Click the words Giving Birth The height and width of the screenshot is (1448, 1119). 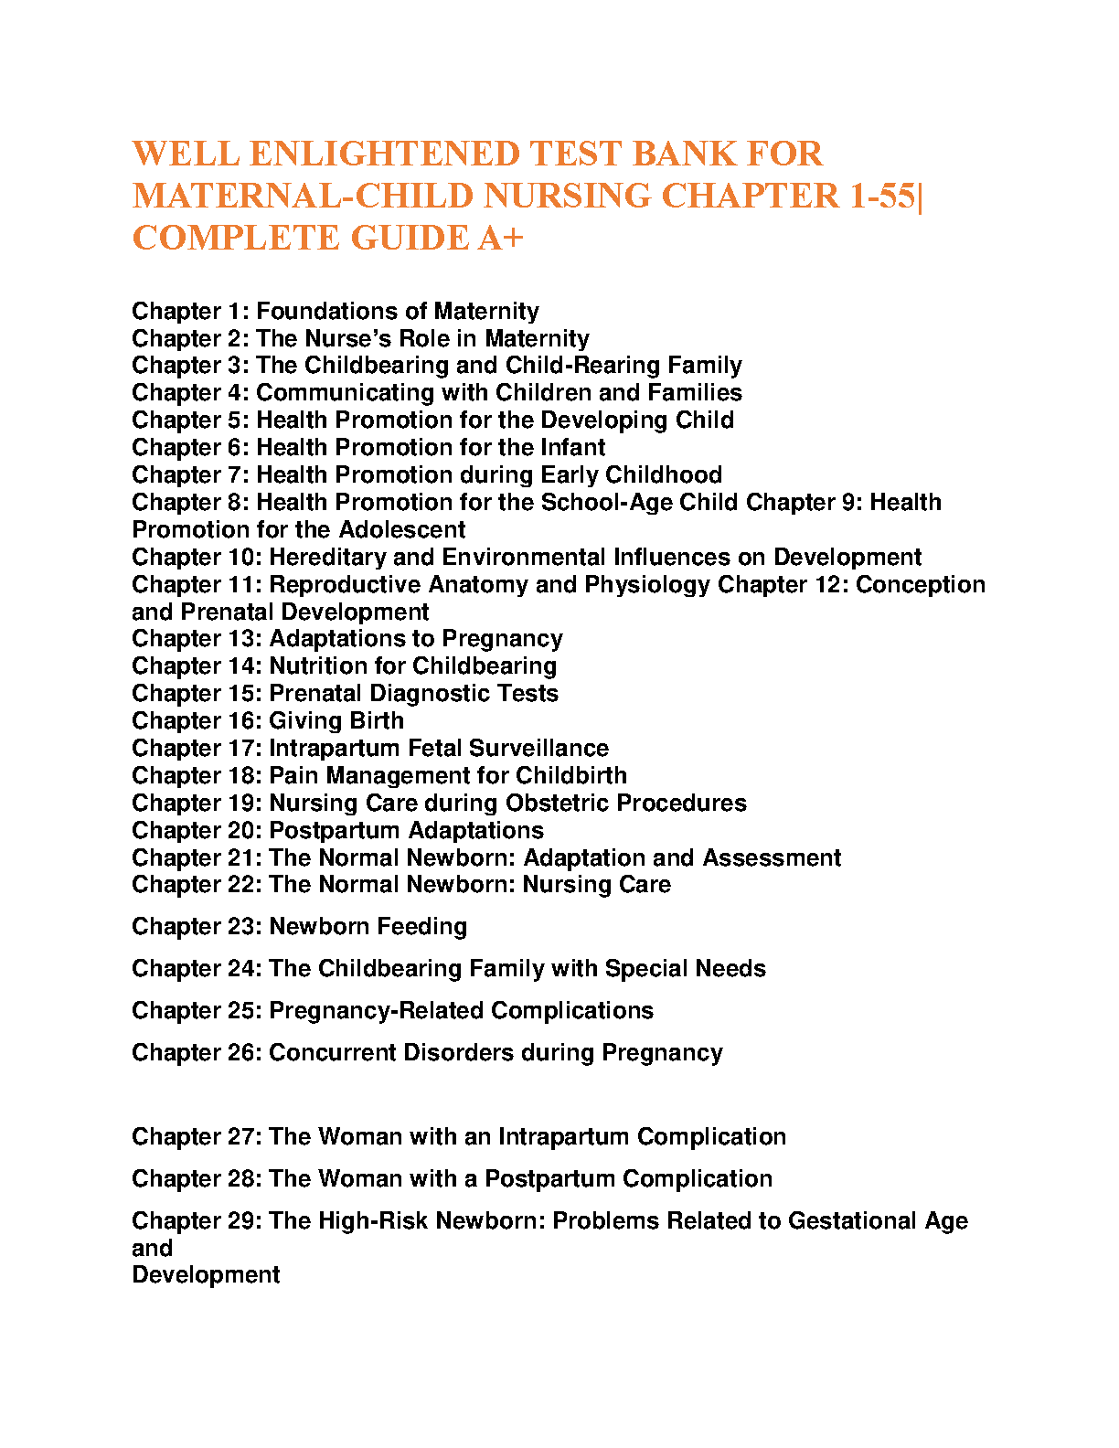pos(336,721)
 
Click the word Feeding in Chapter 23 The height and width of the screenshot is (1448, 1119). pos(421,927)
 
